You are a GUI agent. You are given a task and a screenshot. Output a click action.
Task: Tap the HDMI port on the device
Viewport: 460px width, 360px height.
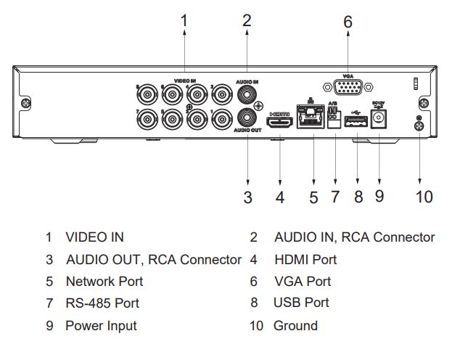pyautogui.click(x=279, y=124)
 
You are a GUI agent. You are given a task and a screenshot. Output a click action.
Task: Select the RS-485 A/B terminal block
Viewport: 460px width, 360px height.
pyautogui.click(x=334, y=121)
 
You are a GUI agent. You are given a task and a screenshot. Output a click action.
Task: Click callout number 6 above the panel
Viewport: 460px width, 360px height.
pyautogui.click(x=348, y=23)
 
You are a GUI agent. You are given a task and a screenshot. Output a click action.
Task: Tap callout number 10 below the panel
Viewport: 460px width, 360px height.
pyautogui.click(x=424, y=196)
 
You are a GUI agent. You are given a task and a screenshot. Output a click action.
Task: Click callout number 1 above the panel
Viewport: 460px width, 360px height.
pyautogui.click(x=184, y=21)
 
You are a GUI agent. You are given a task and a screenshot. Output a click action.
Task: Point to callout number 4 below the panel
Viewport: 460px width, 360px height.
pyautogui.click(x=280, y=196)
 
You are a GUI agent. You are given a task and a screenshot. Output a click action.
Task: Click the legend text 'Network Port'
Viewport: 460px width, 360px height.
pyautogui.click(x=104, y=281)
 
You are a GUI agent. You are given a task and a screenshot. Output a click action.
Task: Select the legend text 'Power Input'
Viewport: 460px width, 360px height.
pyautogui.click(x=101, y=326)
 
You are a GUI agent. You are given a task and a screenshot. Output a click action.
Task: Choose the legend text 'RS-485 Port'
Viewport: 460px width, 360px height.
pyautogui.click(x=102, y=303)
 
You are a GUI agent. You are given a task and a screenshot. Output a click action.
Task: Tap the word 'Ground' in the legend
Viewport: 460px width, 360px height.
pyautogui.click(x=295, y=326)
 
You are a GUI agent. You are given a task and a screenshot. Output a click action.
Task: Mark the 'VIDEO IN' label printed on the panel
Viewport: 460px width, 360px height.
pyautogui.click(x=185, y=81)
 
